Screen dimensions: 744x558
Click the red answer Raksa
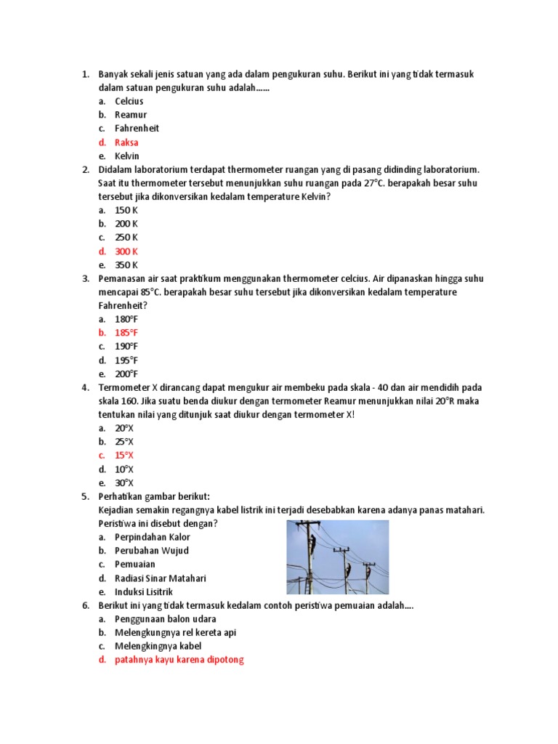(x=126, y=142)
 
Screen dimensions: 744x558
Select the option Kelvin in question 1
(x=126, y=156)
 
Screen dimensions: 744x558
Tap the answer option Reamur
(x=130, y=115)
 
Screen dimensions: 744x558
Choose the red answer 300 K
(x=126, y=251)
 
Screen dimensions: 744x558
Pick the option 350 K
(x=126, y=265)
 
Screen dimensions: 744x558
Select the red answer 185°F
(x=126, y=333)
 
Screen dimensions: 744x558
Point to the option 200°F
(x=126, y=374)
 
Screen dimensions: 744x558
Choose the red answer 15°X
(x=124, y=456)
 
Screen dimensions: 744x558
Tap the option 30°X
(x=124, y=483)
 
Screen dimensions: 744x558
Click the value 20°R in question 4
(x=448, y=401)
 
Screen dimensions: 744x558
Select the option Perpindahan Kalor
(x=153, y=537)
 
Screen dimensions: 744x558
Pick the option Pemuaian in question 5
(x=135, y=565)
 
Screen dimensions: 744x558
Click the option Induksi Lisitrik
(x=144, y=592)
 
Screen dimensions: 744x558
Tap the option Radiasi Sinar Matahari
(x=161, y=578)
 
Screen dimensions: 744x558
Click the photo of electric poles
(x=337, y=557)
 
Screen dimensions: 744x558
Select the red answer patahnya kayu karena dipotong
(x=179, y=660)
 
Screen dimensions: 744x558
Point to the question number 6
(x=85, y=605)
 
